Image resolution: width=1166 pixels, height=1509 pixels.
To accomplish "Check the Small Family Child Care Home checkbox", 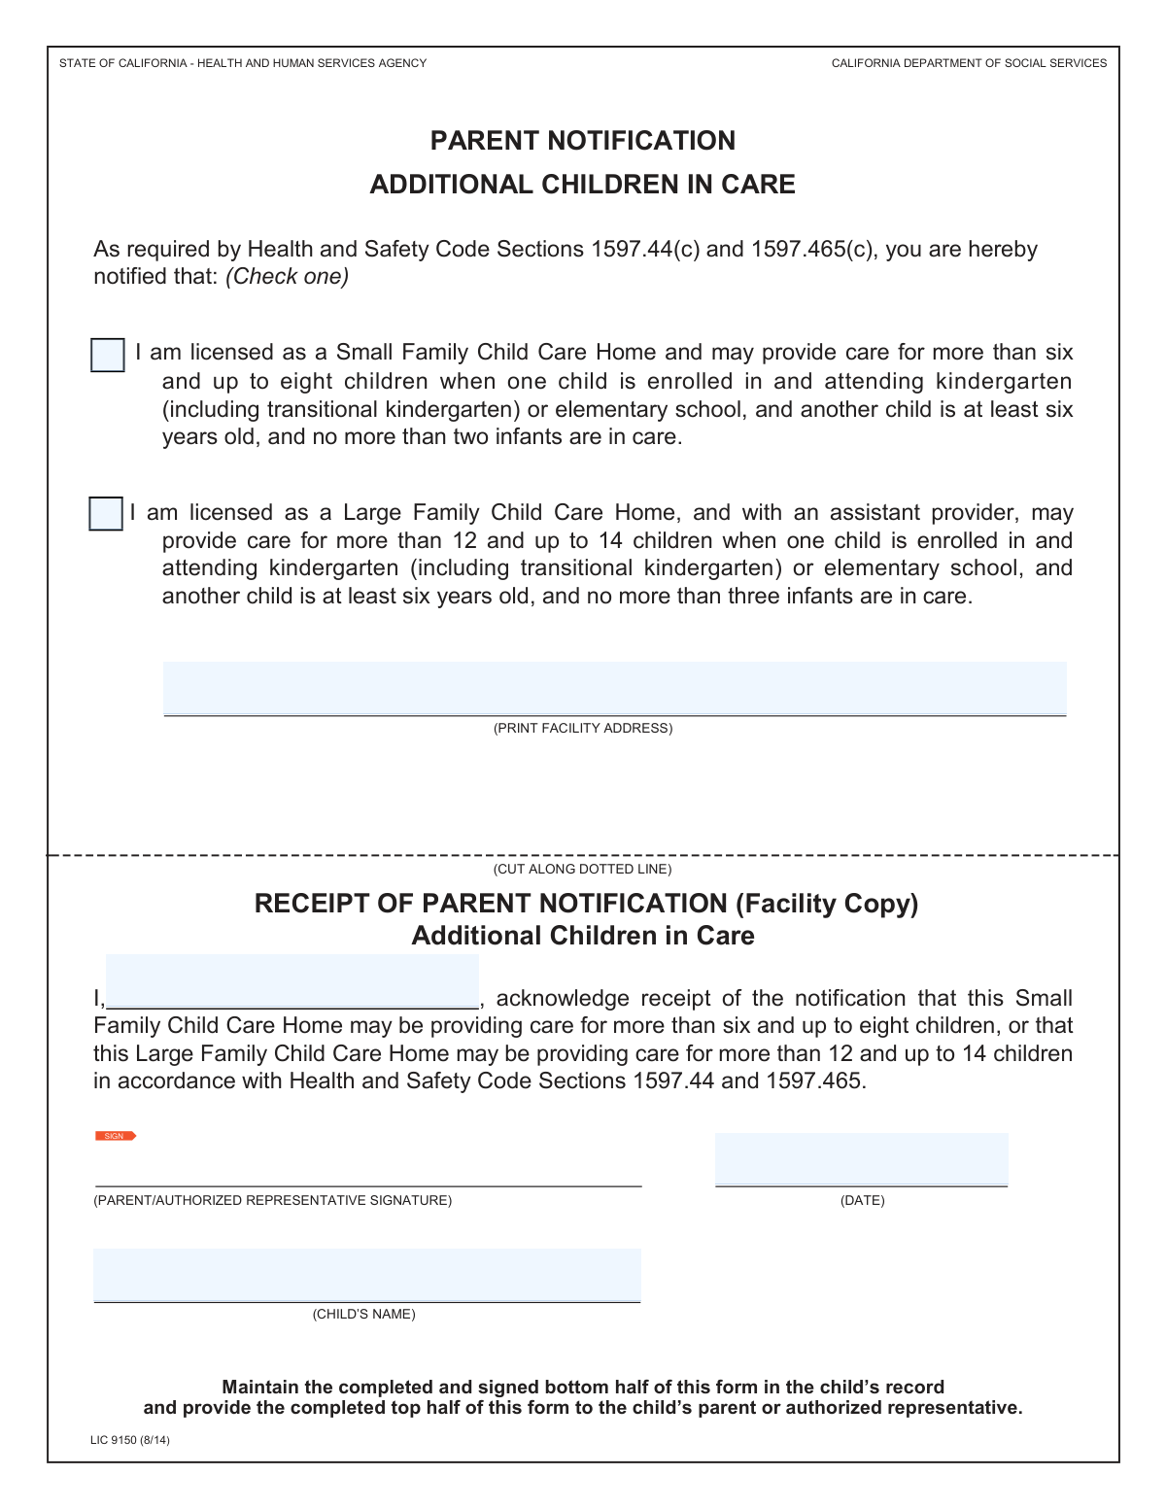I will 107,356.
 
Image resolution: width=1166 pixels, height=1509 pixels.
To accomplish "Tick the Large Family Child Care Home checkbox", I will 105,514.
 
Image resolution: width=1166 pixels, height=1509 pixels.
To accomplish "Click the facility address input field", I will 614,689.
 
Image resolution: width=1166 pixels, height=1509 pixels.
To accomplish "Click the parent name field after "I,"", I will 291,982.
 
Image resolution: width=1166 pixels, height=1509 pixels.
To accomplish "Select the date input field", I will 861,1159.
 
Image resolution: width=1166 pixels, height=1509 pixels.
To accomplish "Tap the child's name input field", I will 366,1275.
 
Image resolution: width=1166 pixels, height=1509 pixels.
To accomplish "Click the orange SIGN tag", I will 115,1136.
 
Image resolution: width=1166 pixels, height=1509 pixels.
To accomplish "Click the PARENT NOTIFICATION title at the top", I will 583,141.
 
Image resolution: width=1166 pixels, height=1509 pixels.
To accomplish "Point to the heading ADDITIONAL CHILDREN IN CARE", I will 583,185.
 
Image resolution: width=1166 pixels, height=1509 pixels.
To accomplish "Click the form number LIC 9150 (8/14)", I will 130,1440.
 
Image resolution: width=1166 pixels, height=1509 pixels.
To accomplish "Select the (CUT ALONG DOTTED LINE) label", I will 583,869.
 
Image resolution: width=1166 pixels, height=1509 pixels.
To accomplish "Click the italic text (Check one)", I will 287,277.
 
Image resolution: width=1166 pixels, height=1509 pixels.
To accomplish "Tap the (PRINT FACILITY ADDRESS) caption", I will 583,728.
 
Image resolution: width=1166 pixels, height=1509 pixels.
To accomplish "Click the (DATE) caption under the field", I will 862,1201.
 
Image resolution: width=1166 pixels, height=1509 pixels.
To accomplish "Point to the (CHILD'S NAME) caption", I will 363,1315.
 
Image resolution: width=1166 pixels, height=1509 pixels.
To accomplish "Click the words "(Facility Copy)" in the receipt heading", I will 827,904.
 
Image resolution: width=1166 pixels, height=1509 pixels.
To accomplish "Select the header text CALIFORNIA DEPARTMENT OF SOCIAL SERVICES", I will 969,63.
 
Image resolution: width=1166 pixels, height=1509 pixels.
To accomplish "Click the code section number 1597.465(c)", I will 812,250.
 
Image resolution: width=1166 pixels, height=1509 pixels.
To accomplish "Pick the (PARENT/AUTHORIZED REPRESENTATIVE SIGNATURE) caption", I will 272,1201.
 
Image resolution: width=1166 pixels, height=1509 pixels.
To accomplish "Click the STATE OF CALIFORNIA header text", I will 243,63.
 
